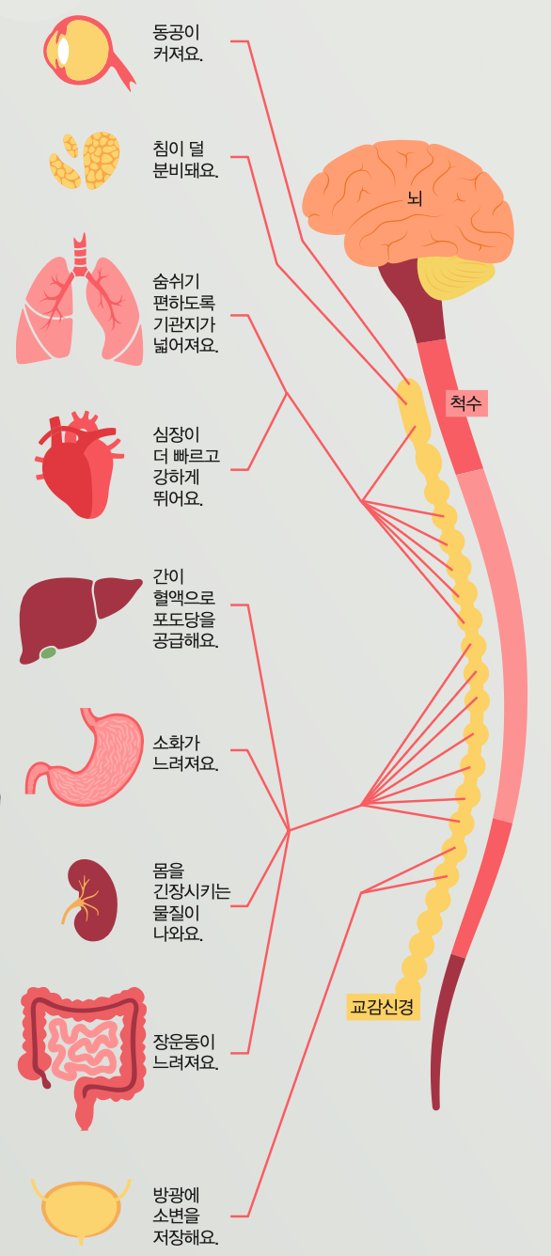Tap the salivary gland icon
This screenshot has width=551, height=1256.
coord(85,161)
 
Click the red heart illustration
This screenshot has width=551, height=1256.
coord(77,465)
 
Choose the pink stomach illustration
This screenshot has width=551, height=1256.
coord(84,757)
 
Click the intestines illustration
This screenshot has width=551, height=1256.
coord(83,1057)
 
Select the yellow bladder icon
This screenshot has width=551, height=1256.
coord(81,1211)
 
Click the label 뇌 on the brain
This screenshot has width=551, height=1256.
coord(415,198)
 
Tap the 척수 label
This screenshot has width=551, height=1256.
coord(466,403)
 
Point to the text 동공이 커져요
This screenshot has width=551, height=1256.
coord(177,42)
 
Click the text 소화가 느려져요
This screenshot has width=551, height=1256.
coord(185,753)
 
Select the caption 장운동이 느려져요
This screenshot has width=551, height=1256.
coord(185,1052)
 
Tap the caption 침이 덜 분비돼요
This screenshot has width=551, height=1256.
coord(185,159)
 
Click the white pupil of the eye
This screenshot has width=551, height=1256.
coord(63,51)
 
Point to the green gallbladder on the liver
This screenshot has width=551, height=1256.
coord(48,652)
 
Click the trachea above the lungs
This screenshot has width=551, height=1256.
coord(80,255)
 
